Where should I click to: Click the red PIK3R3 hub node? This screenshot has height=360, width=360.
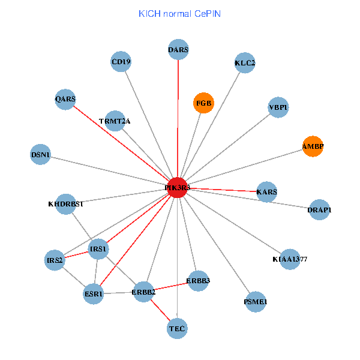coord(178,187)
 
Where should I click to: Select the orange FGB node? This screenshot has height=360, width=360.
coord(203,103)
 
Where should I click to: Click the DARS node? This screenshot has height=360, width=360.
coord(178,50)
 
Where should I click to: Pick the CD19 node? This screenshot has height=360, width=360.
coord(121,62)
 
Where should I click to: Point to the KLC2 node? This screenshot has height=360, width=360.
coord(245,62)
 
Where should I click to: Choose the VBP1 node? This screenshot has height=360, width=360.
coord(278,107)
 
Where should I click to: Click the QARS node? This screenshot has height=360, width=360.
coord(65,99)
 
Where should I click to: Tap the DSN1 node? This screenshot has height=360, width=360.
coord(40,155)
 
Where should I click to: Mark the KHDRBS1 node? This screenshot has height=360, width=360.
coord(66,203)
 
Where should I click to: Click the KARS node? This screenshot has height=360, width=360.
coord(266,192)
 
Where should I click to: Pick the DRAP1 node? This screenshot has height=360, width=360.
coord(319,209)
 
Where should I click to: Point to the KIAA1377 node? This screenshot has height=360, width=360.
coord(290,259)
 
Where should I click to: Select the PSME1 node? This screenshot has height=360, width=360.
coord(256,301)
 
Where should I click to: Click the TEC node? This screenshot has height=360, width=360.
coord(178,328)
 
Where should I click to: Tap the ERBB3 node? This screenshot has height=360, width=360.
coord(198,280)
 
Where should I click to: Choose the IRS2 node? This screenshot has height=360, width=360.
coord(55,260)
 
